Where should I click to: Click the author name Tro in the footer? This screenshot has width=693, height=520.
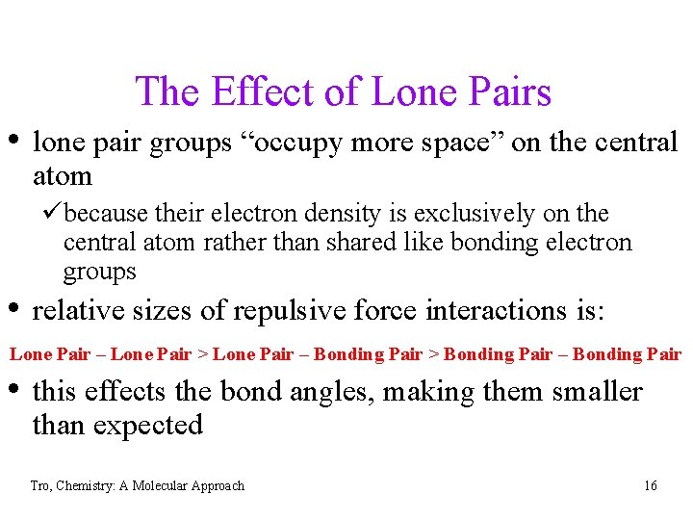click(39, 486)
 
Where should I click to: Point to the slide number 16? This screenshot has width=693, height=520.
click(651, 486)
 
